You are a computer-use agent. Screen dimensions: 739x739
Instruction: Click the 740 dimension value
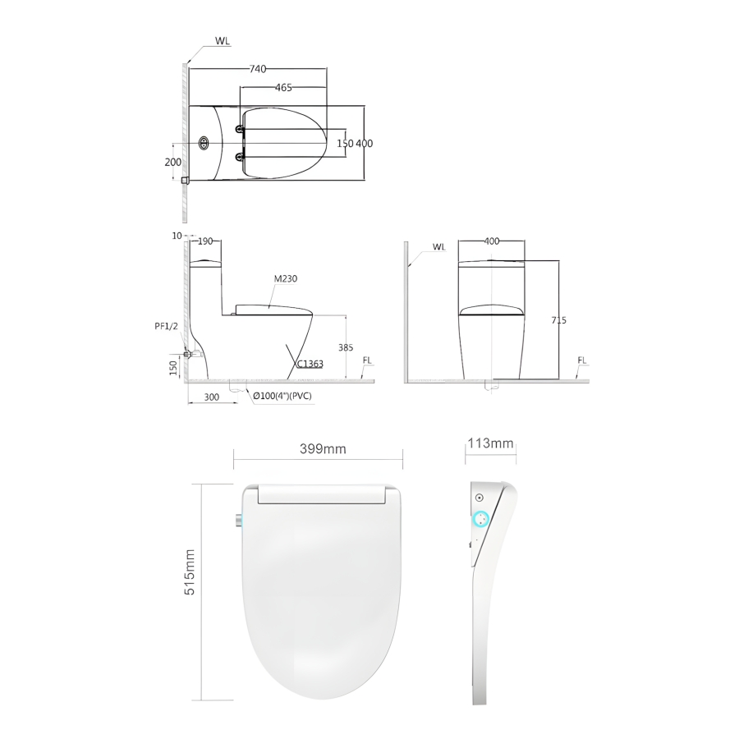[257, 69]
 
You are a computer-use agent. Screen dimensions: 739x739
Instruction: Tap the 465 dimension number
[284, 87]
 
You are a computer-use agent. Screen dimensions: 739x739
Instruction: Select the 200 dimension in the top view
[173, 162]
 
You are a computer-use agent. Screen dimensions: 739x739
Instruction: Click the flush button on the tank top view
[204, 143]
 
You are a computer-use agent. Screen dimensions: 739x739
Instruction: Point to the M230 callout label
[286, 278]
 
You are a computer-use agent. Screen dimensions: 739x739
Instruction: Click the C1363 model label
[310, 364]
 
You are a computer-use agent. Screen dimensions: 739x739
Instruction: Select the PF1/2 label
[167, 326]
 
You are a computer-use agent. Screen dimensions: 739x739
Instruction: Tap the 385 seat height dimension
[346, 347]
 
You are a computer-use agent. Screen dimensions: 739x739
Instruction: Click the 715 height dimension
[558, 320]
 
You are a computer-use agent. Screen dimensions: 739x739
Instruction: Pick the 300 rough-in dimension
[212, 397]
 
